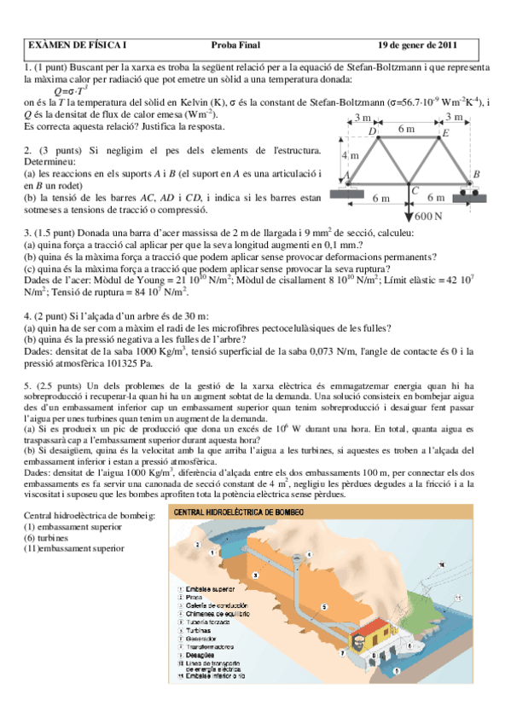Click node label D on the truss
click(x=372, y=131)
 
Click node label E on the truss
click(x=444, y=133)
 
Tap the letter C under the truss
click(x=414, y=191)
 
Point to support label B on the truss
click(x=476, y=174)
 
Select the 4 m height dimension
click(x=350, y=156)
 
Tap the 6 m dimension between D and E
click(x=407, y=127)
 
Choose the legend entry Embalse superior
click(x=210, y=588)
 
